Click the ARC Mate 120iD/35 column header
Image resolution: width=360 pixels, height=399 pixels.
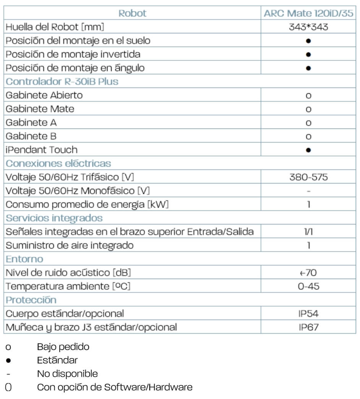coord(308,13)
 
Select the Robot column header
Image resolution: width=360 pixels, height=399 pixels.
coord(132,13)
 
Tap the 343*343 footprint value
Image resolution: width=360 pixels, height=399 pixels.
coord(308,27)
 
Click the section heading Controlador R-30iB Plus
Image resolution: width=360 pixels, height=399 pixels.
coord(62,81)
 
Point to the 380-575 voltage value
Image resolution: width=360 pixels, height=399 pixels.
coord(308,177)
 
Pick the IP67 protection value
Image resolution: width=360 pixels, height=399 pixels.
coord(308,327)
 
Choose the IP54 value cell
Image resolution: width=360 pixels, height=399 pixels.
coord(308,314)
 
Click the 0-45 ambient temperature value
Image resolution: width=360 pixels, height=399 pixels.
coord(308,286)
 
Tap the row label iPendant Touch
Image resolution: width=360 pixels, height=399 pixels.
coord(41,150)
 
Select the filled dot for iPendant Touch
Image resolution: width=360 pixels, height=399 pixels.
coord(308,150)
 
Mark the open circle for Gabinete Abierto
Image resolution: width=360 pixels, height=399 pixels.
coord(308,96)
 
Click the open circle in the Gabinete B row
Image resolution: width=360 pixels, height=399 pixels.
coord(308,136)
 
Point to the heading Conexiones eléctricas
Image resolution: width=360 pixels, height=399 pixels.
coord(58,164)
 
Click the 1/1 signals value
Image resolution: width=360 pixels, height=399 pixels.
coord(308,232)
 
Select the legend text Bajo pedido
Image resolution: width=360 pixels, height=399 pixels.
coord(63,347)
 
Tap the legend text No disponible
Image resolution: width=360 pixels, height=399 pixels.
coord(67,373)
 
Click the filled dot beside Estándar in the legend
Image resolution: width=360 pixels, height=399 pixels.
coord(8,360)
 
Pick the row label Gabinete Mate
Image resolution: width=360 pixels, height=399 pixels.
coord(40,109)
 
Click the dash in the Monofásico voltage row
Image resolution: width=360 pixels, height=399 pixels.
coord(308,191)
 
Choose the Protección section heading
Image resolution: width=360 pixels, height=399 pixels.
coord(31,300)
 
